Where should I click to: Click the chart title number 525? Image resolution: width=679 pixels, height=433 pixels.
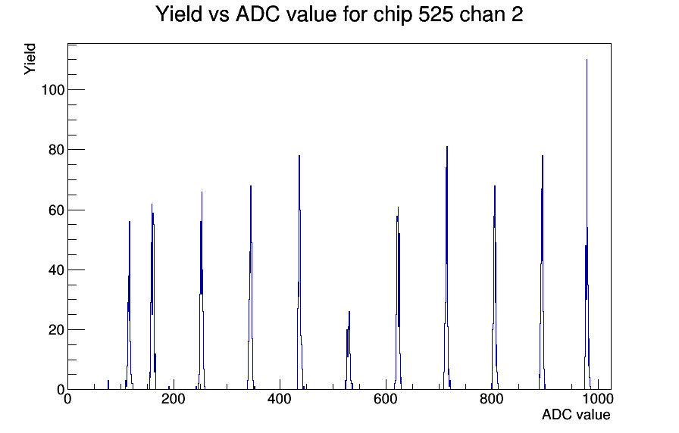tap(436, 14)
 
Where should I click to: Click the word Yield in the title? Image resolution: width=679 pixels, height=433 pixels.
tap(179, 14)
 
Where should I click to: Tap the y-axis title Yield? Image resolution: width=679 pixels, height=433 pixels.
tap(30, 59)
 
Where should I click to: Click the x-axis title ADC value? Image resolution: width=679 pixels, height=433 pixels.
tap(576, 414)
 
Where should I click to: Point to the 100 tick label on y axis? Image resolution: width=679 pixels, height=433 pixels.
tap(53, 90)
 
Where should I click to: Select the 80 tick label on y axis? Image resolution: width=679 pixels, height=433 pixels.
tap(56, 150)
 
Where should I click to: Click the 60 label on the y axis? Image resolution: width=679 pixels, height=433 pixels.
tap(56, 210)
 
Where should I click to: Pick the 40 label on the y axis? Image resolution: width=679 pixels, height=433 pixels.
tap(56, 270)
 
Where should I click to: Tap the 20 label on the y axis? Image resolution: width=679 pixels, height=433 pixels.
tap(56, 330)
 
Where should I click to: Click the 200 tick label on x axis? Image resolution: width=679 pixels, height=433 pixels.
tap(174, 399)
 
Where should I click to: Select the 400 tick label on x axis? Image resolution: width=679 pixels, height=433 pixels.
tap(280, 399)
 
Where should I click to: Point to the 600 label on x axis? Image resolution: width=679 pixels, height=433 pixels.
tap(386, 399)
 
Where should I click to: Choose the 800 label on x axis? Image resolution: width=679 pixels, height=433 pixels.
tap(492, 399)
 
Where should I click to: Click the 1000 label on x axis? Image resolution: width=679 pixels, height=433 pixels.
tap(598, 399)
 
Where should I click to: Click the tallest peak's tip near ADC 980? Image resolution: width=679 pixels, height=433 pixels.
tap(587, 60)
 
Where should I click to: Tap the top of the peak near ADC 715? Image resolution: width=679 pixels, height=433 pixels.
tap(447, 147)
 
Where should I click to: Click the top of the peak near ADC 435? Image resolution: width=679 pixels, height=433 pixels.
tap(299, 156)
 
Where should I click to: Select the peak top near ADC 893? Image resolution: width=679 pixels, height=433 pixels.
tap(542, 156)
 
